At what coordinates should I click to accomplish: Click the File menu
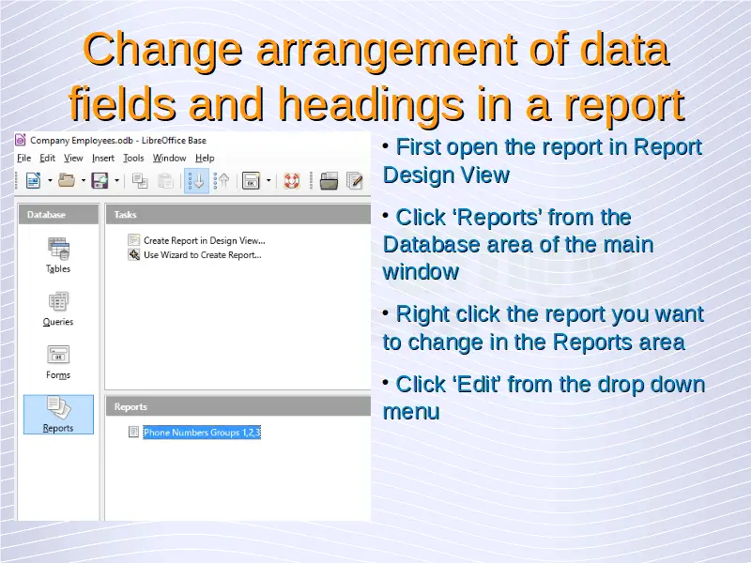[24, 158]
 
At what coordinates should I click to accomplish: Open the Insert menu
[103, 158]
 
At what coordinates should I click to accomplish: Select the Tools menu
[133, 158]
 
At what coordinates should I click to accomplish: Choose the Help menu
[205, 158]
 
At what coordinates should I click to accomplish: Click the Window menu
[169, 158]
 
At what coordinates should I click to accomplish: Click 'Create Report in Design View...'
[204, 240]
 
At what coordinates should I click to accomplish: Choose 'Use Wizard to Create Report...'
[203, 254]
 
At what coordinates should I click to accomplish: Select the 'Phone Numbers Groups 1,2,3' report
[202, 433]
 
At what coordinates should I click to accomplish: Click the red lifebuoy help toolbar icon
[292, 181]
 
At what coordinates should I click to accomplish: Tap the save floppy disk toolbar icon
[100, 181]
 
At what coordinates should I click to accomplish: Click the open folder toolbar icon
[67, 180]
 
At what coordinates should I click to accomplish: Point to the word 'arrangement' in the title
[388, 50]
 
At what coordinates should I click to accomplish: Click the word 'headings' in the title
[371, 105]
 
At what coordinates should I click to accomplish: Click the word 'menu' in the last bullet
[411, 412]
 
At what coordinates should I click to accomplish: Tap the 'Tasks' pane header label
[125, 215]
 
